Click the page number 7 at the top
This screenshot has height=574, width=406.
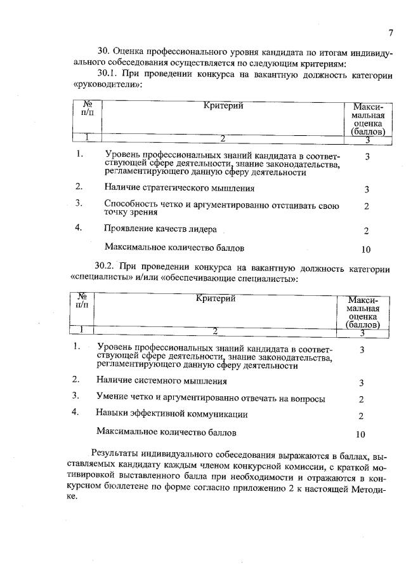pyautogui.click(x=391, y=32)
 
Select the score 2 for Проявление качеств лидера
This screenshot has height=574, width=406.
pyautogui.click(x=367, y=231)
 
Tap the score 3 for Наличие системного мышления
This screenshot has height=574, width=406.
pyautogui.click(x=361, y=383)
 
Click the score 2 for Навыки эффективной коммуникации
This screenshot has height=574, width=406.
pyautogui.click(x=361, y=416)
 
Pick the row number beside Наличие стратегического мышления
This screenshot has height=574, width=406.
pyautogui.click(x=79, y=187)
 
